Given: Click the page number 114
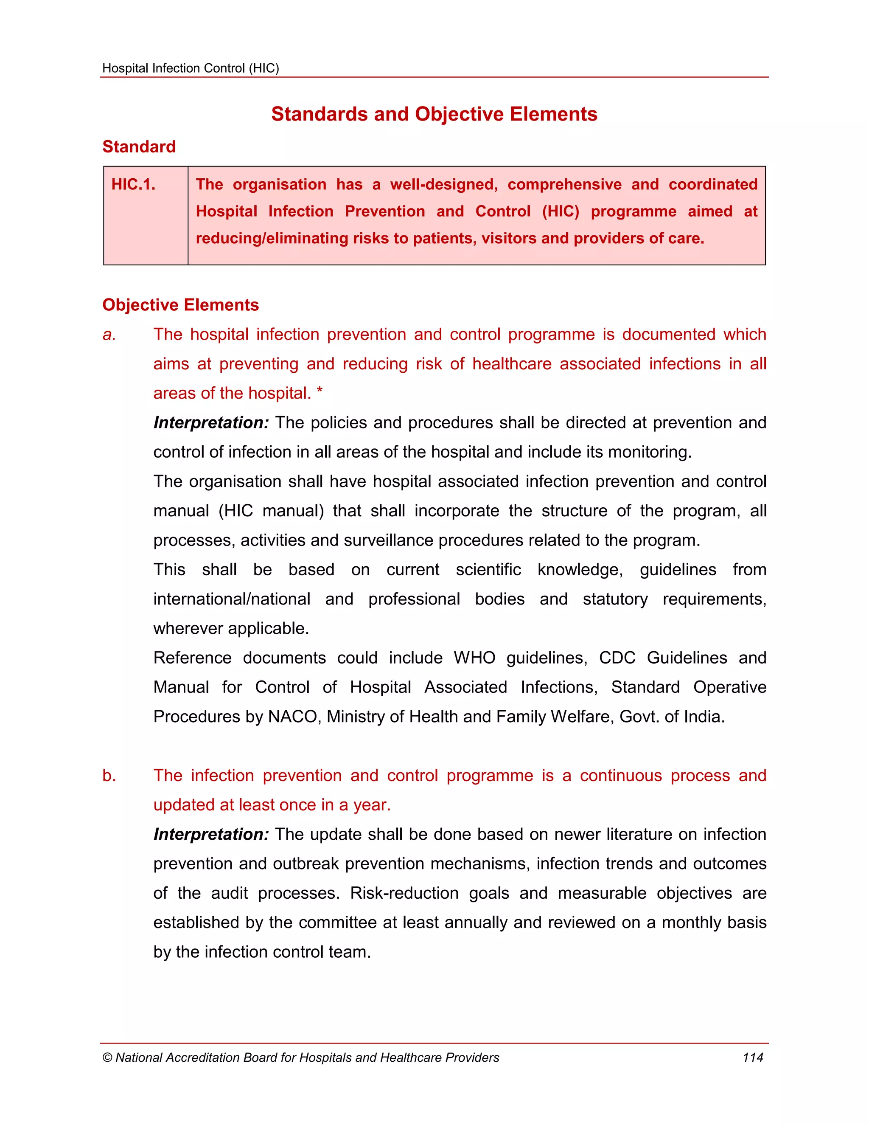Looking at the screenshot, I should pos(752,1057).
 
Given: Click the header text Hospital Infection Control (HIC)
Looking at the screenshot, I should pos(191,68).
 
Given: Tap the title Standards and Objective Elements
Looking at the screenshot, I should pos(434,114).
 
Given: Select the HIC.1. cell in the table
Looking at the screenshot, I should pos(134,184).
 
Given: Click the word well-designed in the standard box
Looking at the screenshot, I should pos(443,184).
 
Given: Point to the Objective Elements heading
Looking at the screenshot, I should pos(180,305).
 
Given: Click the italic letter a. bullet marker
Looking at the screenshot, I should pos(109,335).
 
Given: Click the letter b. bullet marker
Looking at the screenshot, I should pos(109,776).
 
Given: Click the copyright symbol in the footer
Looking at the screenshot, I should pos(107,1058).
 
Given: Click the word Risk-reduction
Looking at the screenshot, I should pos(404,893).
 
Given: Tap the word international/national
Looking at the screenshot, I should pos(232,599).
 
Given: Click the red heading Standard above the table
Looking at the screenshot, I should pos(139,147).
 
